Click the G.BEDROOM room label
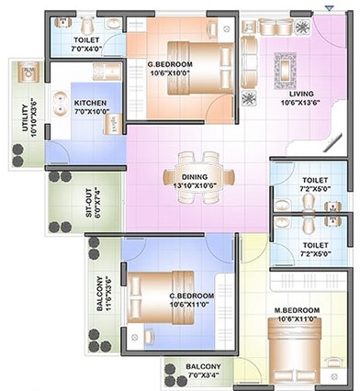point(168,63)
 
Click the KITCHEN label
point(90,103)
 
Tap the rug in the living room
point(286,67)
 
